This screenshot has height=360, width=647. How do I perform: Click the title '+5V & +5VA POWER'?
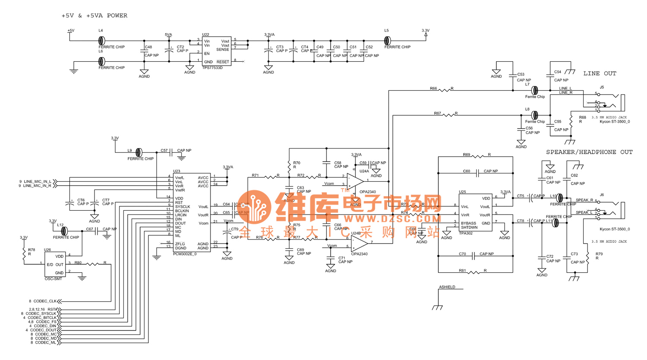(x=94, y=16)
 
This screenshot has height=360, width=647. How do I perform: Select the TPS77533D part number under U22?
(x=212, y=68)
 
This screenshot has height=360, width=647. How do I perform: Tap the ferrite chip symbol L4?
(x=101, y=41)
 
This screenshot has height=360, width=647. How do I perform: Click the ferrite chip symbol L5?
(x=387, y=41)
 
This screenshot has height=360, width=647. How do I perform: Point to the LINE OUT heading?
(x=600, y=74)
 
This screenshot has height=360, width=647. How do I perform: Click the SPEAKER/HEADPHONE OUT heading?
(x=589, y=152)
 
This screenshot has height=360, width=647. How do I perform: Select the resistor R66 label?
(x=433, y=88)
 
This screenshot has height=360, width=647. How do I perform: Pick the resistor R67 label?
(x=437, y=114)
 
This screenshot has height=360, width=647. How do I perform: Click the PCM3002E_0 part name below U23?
(x=185, y=254)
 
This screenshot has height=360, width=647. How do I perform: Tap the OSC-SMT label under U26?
(x=53, y=279)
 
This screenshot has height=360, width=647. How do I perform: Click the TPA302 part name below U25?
(x=466, y=233)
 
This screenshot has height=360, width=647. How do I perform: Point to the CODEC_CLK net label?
(x=45, y=301)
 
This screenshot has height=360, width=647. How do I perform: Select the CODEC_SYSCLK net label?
(x=41, y=314)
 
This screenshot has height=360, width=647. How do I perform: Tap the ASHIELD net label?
(x=447, y=287)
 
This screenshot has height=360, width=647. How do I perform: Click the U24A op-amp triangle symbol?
(x=355, y=180)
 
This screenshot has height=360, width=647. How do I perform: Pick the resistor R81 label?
(x=462, y=271)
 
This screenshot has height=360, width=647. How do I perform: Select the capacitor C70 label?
(x=462, y=254)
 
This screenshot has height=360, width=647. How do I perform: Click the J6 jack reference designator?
(x=602, y=195)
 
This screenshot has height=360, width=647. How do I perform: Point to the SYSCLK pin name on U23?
(x=182, y=207)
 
